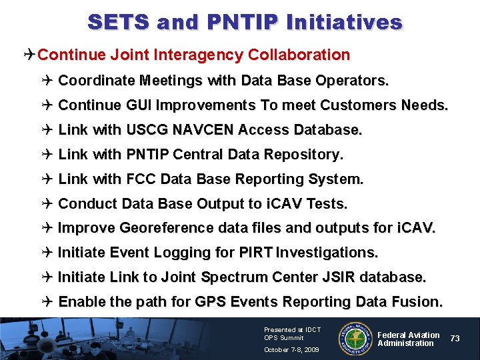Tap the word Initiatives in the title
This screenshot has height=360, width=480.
pyautogui.click(x=343, y=22)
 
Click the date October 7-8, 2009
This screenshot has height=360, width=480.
pyautogui.click(x=291, y=349)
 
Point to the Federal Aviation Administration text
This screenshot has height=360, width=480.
pyautogui.click(x=409, y=339)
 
